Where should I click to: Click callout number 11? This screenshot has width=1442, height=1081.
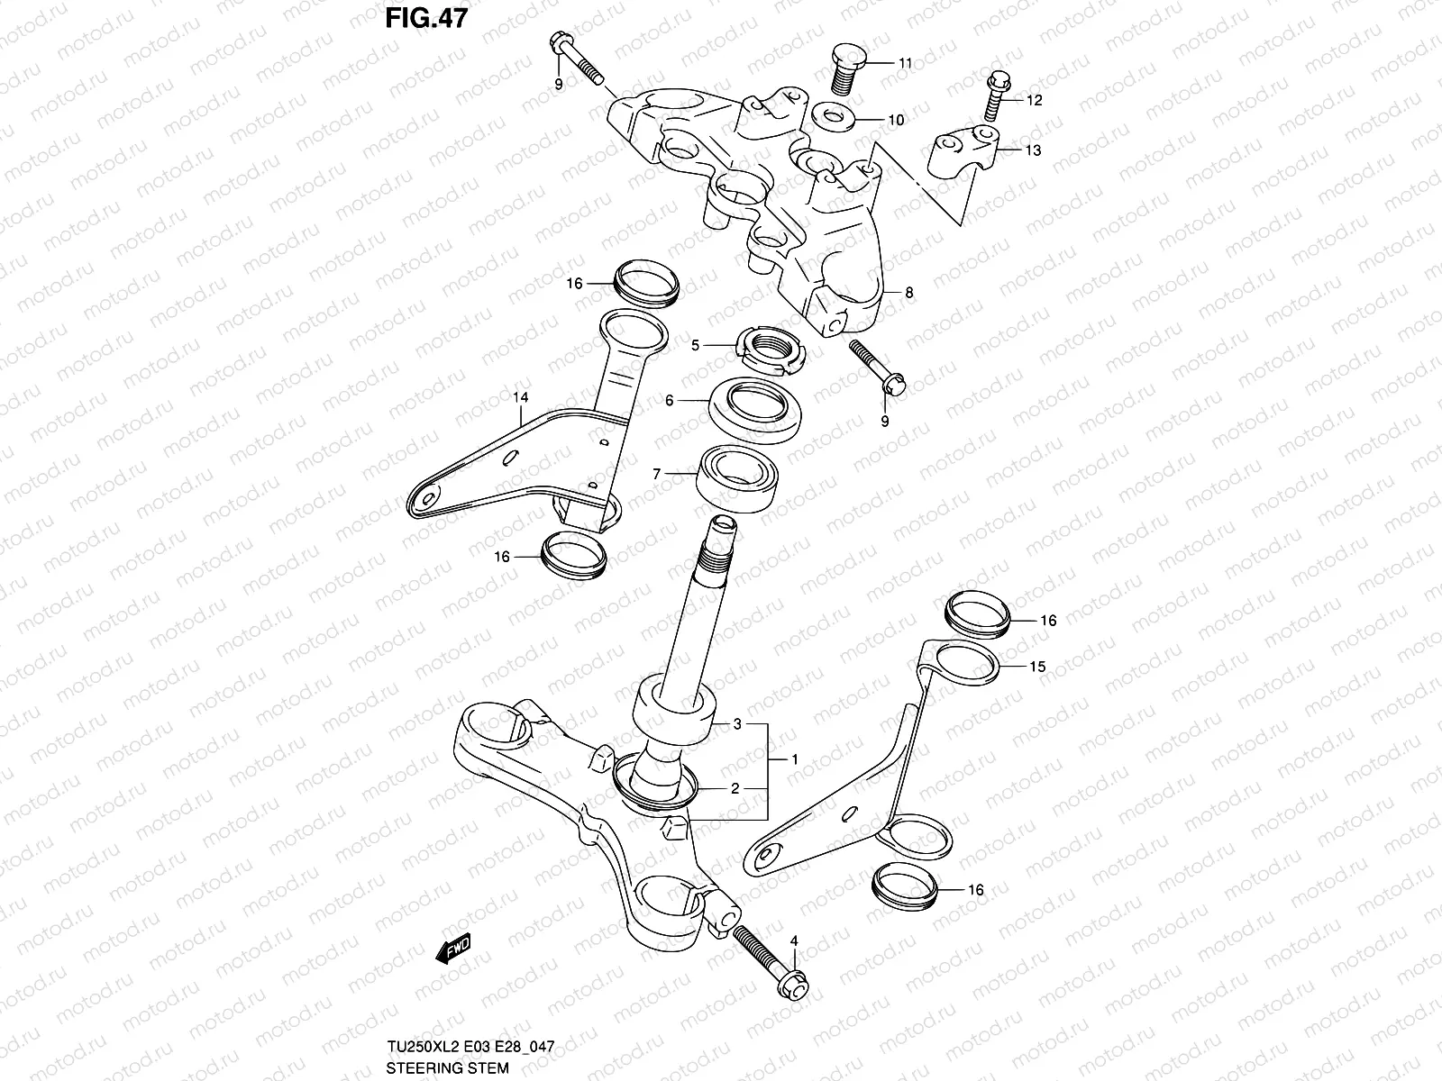(x=905, y=63)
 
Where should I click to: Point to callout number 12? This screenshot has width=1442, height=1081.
(x=1034, y=100)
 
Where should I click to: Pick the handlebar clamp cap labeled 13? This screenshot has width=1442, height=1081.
(x=963, y=150)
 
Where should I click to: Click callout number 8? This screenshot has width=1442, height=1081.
(x=908, y=292)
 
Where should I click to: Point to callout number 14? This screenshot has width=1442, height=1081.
(x=521, y=396)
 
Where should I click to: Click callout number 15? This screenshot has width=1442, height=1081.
(x=1037, y=667)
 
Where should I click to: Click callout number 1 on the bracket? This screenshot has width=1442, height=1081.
(x=794, y=759)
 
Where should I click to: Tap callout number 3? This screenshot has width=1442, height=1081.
(x=736, y=724)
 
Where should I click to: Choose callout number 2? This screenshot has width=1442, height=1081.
(x=735, y=788)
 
